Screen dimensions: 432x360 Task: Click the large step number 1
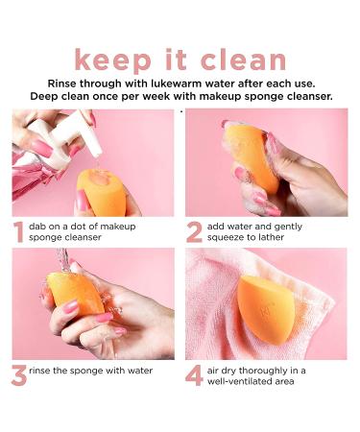[19, 232]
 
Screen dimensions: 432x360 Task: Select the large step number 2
[195, 232]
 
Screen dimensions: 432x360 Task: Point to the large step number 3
[19, 373]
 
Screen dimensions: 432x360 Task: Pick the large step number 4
[195, 373]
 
